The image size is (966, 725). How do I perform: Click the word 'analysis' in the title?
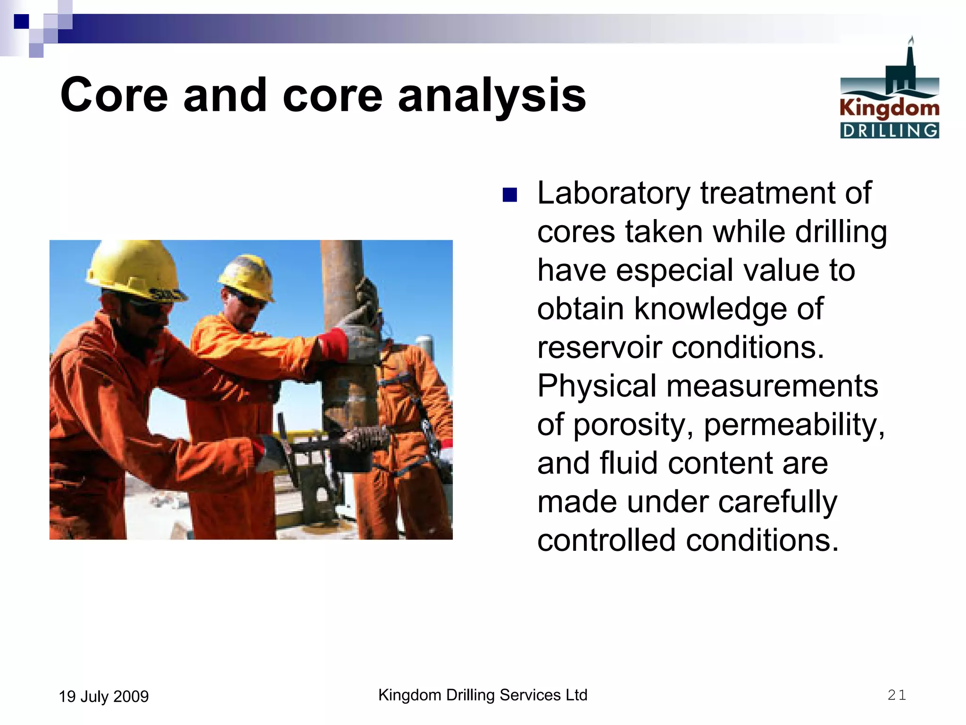click(492, 96)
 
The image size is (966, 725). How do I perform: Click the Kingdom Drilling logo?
click(889, 90)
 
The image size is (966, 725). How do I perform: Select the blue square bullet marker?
click(510, 195)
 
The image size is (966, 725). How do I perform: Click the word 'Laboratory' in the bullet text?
click(614, 194)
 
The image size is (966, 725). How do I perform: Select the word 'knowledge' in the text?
click(710, 309)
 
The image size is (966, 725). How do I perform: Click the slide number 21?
click(896, 695)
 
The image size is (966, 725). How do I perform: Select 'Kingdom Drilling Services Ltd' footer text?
click(483, 695)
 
